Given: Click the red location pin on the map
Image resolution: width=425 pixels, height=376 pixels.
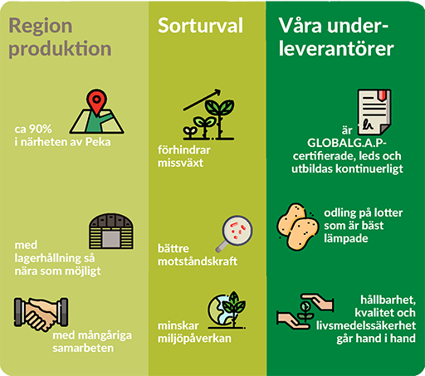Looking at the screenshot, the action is [96, 101].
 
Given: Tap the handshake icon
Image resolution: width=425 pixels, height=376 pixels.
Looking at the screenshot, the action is [41, 314].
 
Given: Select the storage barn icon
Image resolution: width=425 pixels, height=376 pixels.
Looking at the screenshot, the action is [111, 231].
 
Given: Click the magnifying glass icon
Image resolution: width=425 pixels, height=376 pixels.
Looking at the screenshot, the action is [235, 233].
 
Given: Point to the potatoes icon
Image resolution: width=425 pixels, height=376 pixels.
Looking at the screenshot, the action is [297, 227].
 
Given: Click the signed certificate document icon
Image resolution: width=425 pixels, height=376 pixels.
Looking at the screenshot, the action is [374, 112].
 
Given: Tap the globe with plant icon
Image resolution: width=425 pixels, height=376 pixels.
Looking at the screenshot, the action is [227, 310].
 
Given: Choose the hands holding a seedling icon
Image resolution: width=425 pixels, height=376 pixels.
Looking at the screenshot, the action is [305, 311].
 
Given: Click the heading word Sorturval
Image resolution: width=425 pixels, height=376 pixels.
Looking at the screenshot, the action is [200, 26].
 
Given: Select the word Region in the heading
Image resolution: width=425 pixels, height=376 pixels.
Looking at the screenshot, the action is [41, 27].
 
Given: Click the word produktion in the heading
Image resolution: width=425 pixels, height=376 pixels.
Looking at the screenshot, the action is [60, 49].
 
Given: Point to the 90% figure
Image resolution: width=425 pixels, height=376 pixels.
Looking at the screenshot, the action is [41, 129].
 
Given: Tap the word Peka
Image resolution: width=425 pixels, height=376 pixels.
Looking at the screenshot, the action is [98, 142].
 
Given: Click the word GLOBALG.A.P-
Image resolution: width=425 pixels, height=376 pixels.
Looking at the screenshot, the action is [347, 143].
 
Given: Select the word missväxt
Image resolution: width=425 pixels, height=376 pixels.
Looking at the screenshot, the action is [180, 163].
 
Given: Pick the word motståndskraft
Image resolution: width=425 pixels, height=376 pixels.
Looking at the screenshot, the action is [198, 261].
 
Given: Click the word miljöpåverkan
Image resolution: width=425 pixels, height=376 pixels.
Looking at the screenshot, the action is [194, 339].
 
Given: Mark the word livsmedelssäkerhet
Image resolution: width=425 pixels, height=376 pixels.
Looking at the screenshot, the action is [366, 325].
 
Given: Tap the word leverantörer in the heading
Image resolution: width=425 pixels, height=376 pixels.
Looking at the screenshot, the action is [336, 49].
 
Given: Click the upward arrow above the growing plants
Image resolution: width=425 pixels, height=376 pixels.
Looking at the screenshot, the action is [202, 100].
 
